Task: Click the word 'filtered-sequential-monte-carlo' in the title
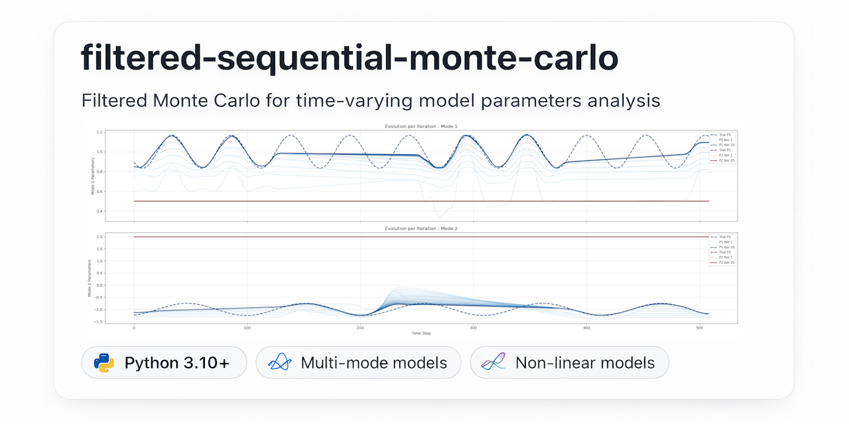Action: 350,59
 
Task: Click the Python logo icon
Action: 104,363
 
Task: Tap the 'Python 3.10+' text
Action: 177,363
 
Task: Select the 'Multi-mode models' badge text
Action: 373,363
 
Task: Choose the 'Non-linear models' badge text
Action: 585,363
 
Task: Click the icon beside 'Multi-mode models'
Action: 279,363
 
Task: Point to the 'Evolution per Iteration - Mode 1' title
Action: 421,126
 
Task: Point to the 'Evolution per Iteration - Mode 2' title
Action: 421,228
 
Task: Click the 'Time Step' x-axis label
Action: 421,333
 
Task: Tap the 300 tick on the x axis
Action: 473,328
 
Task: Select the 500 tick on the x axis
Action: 699,328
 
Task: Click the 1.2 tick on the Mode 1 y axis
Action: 99,132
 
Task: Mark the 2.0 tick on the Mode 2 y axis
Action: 99,237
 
